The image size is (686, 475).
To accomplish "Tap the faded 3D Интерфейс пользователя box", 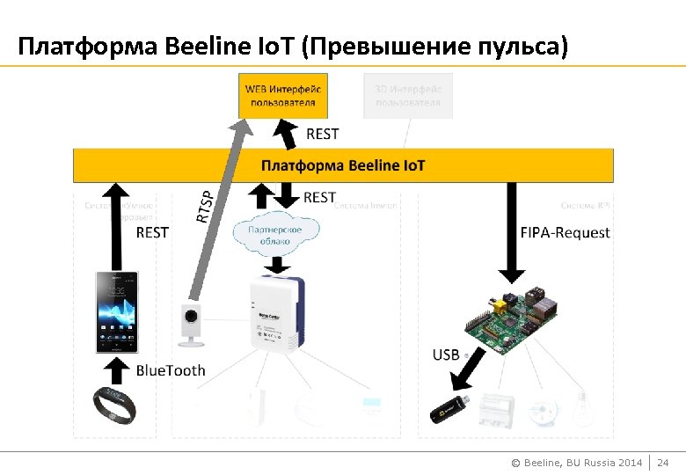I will (407, 96).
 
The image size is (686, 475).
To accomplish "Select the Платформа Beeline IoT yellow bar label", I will (343, 165).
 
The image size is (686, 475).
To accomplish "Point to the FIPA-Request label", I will (566, 233).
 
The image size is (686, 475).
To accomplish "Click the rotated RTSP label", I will (204, 206).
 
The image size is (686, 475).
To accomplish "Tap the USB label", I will (446, 354).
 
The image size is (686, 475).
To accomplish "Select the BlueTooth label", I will (170, 370).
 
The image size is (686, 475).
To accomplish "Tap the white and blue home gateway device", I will (275, 313).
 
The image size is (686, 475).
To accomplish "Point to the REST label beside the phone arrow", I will (152, 232).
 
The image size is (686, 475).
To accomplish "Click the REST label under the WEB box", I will (322, 134).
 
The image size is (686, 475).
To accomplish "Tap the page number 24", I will (663, 462).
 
